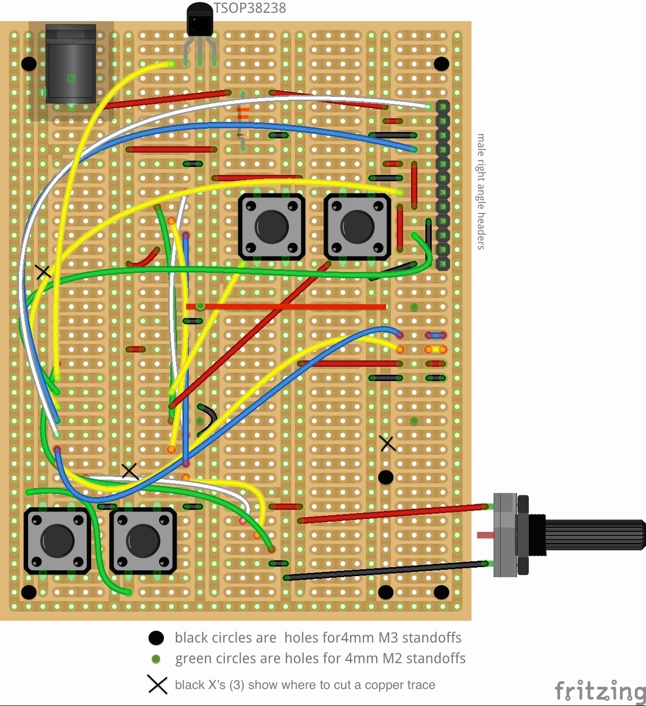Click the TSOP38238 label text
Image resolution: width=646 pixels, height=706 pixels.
tap(249, 8)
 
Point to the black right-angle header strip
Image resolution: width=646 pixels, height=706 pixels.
tap(442, 186)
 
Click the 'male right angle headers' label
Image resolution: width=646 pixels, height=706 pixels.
tap(481, 191)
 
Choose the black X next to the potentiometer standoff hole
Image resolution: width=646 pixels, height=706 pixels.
tap(388, 443)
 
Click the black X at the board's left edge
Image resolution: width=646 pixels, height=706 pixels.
tap(43, 272)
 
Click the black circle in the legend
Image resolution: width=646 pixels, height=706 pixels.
tap(156, 638)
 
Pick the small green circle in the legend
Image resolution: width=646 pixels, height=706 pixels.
tap(156, 659)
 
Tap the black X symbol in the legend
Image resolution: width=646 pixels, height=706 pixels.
tap(158, 685)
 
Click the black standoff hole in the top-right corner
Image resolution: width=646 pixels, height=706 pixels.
tap(441, 64)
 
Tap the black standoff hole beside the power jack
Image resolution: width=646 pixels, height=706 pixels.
tap(29, 64)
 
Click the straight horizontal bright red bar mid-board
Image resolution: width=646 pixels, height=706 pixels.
tap(286, 306)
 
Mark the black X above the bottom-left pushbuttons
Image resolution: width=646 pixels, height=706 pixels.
tap(130, 471)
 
